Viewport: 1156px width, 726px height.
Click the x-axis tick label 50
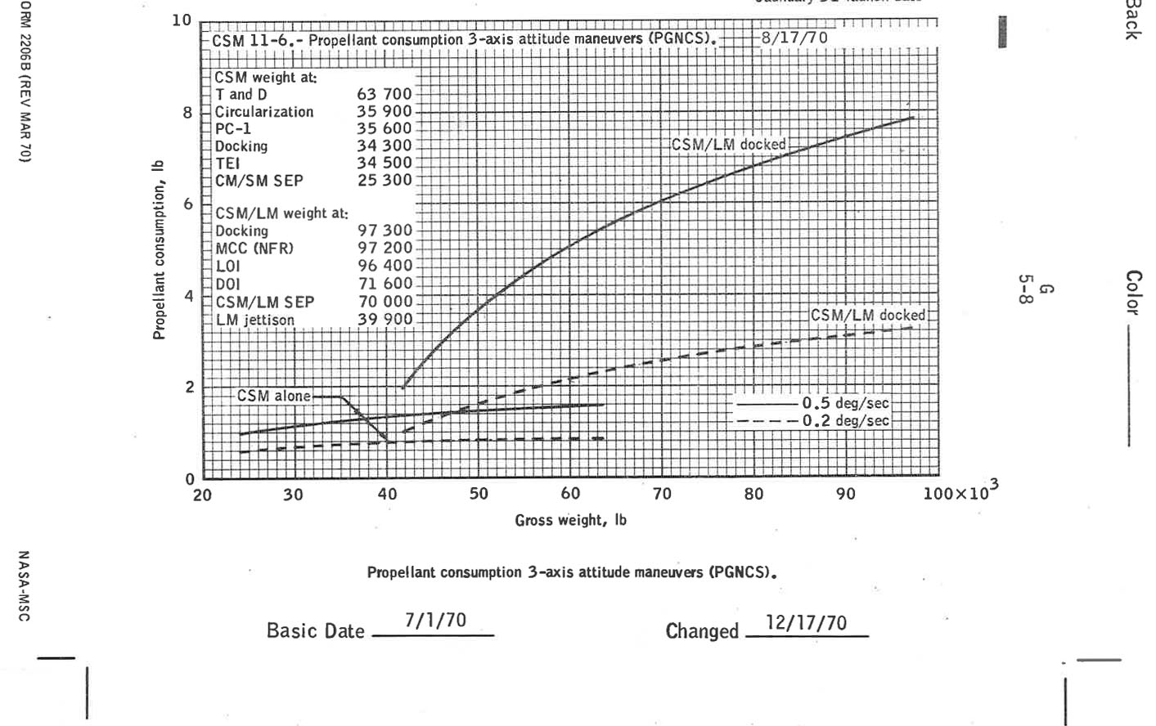(x=479, y=495)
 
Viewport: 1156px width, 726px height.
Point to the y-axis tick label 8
(x=187, y=113)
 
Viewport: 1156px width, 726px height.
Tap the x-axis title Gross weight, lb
(x=570, y=520)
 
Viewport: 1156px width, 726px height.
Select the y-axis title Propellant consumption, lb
(x=159, y=249)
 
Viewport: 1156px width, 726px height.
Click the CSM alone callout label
(x=273, y=396)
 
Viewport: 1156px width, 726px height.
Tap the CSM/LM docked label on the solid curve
(x=728, y=145)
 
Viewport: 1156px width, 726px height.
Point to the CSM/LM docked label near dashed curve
(x=867, y=315)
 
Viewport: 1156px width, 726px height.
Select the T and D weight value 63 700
(x=385, y=94)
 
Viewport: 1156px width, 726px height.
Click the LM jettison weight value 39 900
(x=385, y=320)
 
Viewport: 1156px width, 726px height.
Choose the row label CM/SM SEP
(x=259, y=181)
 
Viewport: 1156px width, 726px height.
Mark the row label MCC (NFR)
(x=254, y=249)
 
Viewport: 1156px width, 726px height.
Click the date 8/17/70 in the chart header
(x=794, y=38)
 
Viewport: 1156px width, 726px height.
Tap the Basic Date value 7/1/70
(x=435, y=621)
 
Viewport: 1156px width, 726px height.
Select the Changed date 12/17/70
(x=806, y=623)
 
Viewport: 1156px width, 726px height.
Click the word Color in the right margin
(x=1132, y=292)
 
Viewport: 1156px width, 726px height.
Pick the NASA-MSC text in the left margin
(x=23, y=585)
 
